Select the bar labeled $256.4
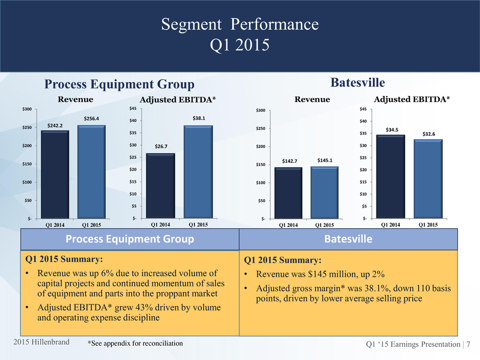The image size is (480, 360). [91, 171]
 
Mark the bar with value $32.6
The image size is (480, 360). [428, 178]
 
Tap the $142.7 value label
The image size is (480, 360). [290, 161]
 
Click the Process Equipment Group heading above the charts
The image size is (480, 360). [119, 84]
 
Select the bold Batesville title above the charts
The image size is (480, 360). [356, 82]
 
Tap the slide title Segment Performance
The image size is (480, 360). [239, 24]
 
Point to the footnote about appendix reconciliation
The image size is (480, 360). [135, 344]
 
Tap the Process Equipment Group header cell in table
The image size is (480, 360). [130, 239]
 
